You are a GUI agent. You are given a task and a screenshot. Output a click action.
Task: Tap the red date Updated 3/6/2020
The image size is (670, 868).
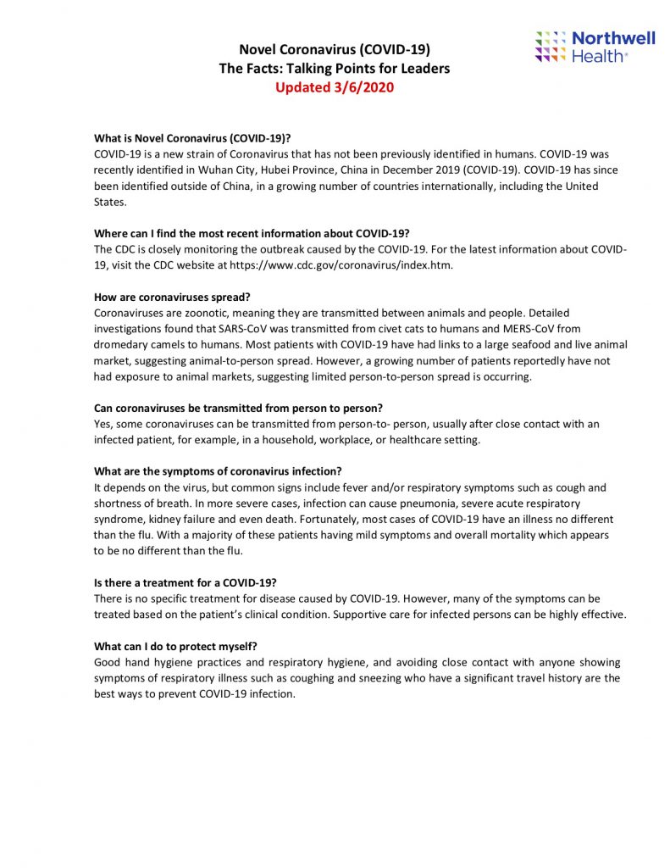pos(335,87)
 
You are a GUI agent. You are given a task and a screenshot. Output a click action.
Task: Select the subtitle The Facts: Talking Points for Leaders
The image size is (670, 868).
pos(335,69)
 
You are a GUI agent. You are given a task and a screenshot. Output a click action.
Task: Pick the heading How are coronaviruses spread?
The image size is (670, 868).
pos(172,297)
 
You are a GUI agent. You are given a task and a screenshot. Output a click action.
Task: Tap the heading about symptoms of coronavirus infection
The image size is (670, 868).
pos(218,471)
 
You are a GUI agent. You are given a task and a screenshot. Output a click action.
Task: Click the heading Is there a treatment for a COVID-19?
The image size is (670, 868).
pos(185,583)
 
